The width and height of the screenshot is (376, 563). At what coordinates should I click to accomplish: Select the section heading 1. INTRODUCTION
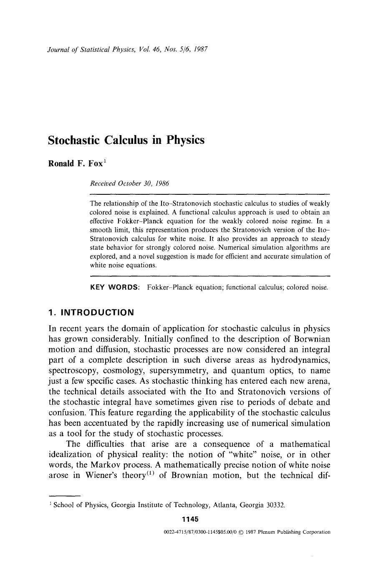tap(91, 312)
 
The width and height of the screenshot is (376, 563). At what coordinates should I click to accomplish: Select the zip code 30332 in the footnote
tap(275, 505)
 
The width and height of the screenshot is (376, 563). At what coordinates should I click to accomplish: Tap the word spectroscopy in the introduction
tap(74, 371)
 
